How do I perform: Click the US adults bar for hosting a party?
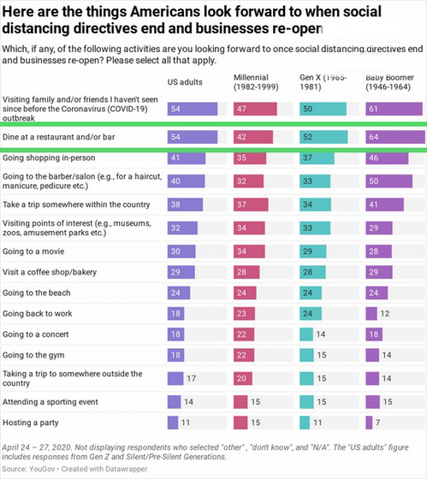[173, 422]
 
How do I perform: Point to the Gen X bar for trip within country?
[318, 204]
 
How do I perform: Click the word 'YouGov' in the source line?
[39, 470]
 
